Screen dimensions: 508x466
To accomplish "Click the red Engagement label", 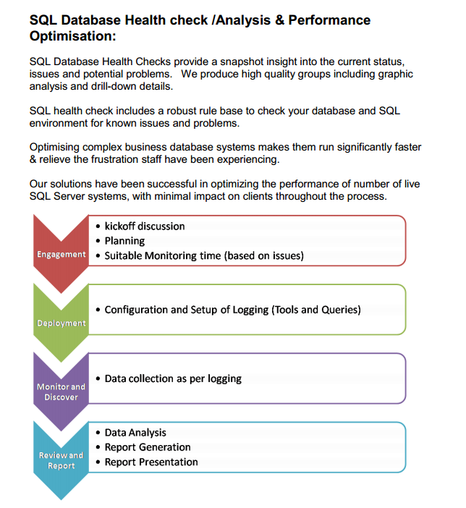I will click(62, 255).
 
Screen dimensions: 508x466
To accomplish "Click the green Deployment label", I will click(62, 323).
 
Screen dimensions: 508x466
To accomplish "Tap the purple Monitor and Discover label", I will click(62, 391).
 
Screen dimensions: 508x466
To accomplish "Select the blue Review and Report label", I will click(62, 460).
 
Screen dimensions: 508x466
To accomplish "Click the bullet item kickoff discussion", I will click(145, 226).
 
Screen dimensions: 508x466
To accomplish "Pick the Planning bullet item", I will click(124, 240).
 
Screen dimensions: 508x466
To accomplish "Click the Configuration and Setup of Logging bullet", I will click(232, 309).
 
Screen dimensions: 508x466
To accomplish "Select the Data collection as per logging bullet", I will click(173, 378).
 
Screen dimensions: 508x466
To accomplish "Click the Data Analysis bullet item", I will click(135, 432).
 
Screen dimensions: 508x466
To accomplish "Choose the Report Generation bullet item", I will click(148, 446).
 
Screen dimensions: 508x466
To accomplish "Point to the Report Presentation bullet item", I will click(151, 462).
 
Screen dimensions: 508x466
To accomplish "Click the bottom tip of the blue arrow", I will click(61, 499).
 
